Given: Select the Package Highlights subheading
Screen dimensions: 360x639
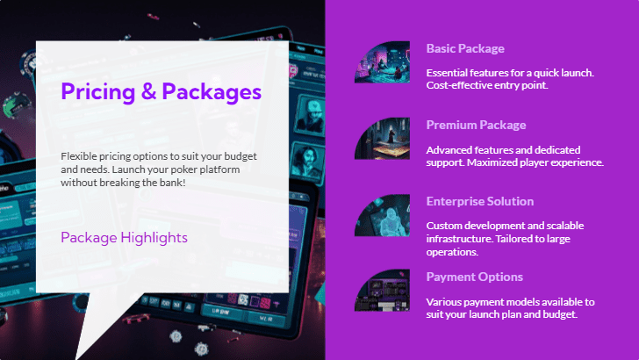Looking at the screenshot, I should click(x=124, y=237).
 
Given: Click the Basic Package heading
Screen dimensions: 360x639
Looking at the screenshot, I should click(x=465, y=48).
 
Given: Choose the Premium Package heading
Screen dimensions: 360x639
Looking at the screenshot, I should click(x=476, y=125).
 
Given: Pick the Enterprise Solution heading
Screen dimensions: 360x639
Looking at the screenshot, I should click(x=479, y=201).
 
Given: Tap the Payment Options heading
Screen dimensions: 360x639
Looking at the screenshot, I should click(x=474, y=277).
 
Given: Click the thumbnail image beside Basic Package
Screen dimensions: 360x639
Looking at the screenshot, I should click(x=383, y=61).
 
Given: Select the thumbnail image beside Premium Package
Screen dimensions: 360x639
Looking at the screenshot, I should click(x=383, y=138).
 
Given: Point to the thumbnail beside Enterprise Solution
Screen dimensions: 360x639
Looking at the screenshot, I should click(x=383, y=214).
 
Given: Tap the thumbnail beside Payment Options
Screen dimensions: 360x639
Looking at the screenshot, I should click(x=383, y=290).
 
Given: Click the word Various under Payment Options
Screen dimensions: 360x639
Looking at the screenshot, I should click(x=445, y=302).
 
